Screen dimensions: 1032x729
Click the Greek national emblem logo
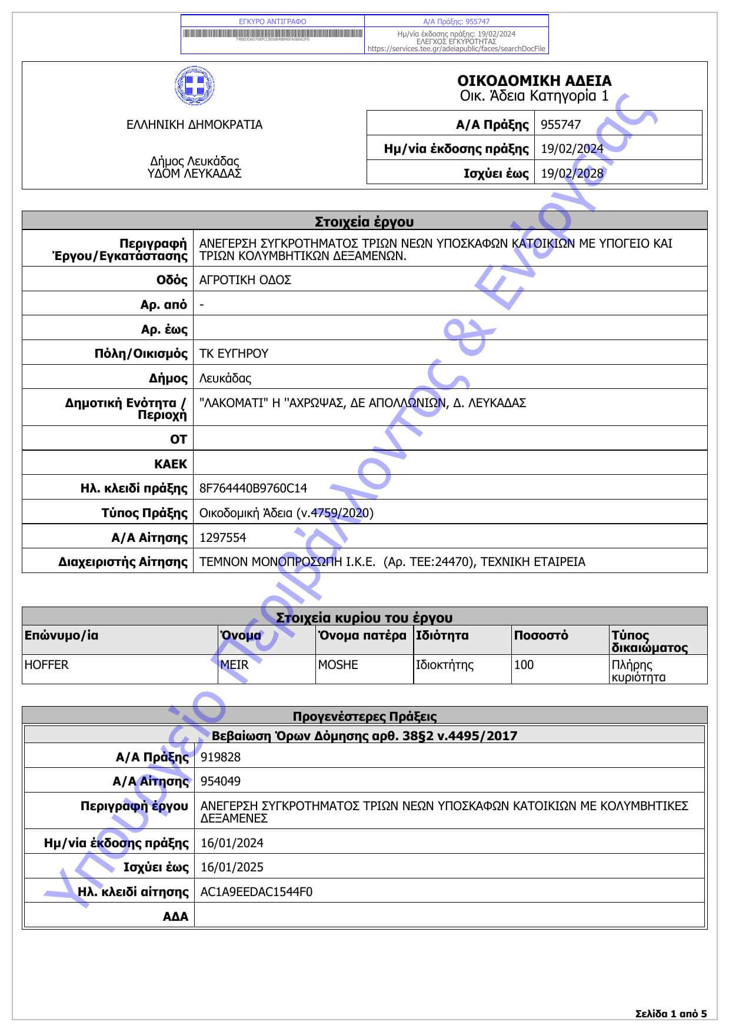coord(194,86)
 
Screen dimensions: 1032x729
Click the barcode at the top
coord(272,34)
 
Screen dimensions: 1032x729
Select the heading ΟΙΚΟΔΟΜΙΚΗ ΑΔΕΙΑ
coord(534,81)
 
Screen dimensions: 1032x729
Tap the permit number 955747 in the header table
coord(561,125)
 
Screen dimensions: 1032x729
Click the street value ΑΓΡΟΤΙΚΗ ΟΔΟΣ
coord(245,280)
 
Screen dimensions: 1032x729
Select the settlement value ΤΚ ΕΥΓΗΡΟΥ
coord(234,354)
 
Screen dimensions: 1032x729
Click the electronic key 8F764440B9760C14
coord(253,488)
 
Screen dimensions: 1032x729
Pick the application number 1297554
coord(223,538)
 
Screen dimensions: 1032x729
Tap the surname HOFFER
coord(46,665)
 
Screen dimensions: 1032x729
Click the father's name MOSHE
coord(338,665)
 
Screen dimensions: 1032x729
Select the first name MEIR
coord(234,665)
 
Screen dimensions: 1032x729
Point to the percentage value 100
coord(524,665)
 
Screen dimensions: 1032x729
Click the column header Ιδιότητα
coord(442,635)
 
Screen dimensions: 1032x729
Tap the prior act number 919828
coord(221,757)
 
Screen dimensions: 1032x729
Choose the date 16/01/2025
coord(232,867)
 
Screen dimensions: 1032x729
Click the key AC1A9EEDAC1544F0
coord(257,892)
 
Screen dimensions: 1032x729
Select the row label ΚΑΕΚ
coord(171,464)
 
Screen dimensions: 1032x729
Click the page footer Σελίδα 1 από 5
coord(671,1014)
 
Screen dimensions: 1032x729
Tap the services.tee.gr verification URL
coord(456,49)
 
